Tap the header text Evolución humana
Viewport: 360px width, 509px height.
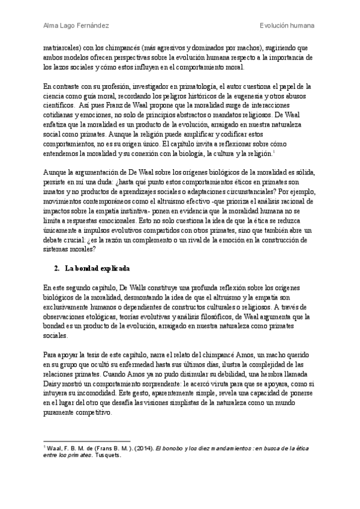(x=287, y=26)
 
